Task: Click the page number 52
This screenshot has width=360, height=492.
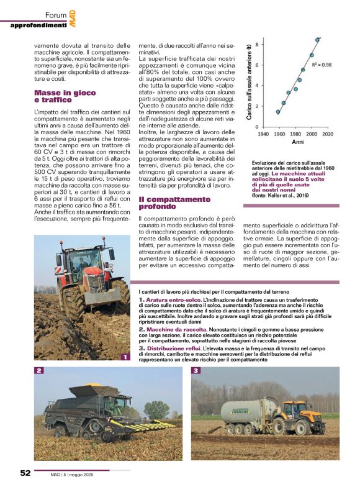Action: (x=25, y=472)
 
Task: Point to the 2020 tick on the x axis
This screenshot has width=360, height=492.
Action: (x=327, y=134)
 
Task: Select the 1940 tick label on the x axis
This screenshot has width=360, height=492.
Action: (x=263, y=134)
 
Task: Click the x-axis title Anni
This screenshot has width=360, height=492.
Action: (x=297, y=142)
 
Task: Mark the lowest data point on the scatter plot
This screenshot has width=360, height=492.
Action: (x=278, y=112)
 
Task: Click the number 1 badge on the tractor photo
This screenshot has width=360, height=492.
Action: (x=125, y=357)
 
